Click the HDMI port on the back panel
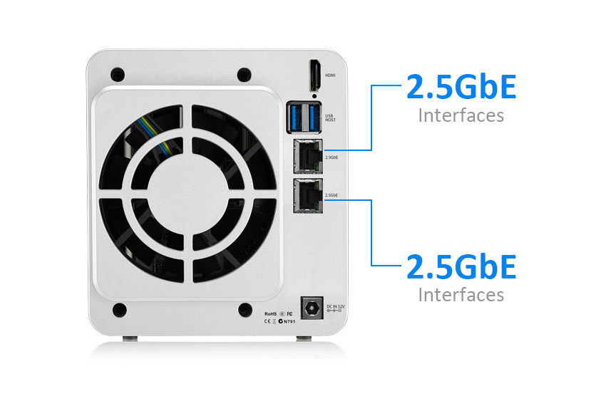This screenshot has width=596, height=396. (314, 75)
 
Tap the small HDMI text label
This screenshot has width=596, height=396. (331, 75)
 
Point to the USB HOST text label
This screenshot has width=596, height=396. (330, 118)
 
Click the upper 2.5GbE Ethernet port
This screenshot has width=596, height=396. (307, 155)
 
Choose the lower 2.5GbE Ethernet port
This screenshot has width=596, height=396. (307, 194)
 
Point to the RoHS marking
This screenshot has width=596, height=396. (270, 313)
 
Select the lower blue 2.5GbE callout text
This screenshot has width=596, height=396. (461, 267)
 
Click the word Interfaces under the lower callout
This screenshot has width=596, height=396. (461, 294)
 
